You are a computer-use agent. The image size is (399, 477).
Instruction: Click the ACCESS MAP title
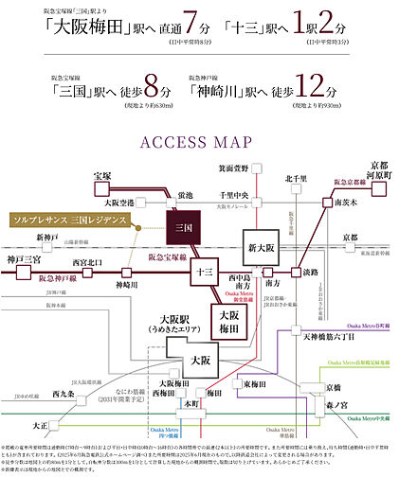coord(199,143)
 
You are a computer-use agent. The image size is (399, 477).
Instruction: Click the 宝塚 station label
coord(102,176)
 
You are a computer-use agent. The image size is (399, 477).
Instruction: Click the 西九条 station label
coord(63,392)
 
